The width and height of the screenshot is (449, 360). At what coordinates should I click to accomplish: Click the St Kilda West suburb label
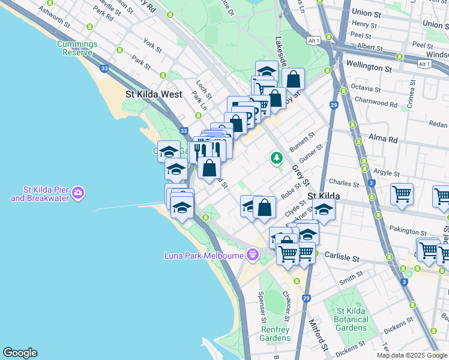click(154, 94)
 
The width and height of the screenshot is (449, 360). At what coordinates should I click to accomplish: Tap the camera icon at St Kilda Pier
click(79, 193)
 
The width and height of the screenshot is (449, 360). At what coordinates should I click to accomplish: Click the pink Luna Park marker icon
click(252, 255)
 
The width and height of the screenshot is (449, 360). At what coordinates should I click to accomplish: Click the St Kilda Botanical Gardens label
click(352, 319)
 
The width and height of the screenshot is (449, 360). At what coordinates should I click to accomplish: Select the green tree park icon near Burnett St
click(276, 158)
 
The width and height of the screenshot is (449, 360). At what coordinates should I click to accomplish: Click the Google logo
click(20, 353)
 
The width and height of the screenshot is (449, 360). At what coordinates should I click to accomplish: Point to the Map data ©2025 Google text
click(412, 355)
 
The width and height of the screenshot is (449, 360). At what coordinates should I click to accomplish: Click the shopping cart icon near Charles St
click(402, 194)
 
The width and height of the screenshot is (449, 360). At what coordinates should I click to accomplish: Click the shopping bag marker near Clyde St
click(264, 208)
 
